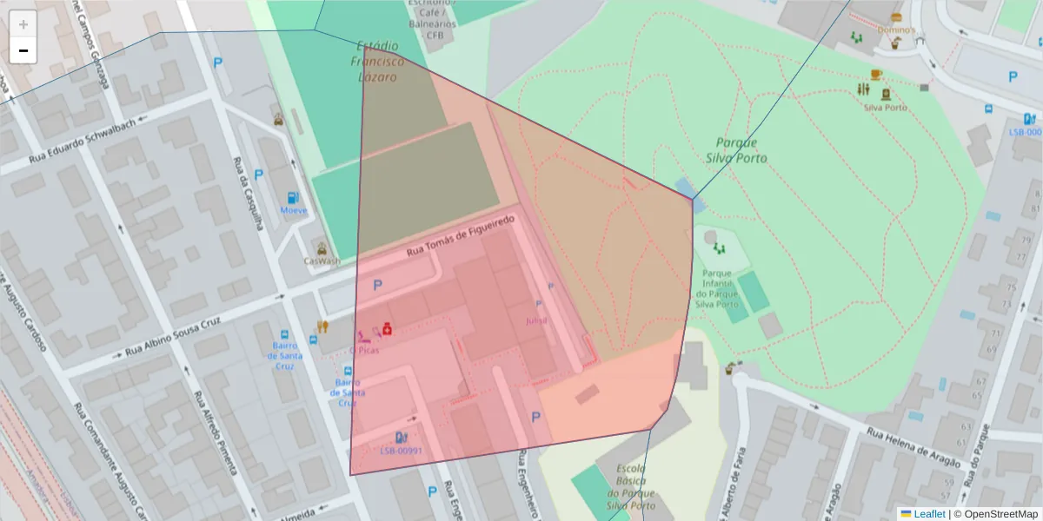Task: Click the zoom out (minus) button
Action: [23, 51]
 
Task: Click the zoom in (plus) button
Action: [23, 24]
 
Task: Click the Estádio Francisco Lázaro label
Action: [378, 62]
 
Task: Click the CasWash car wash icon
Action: [322, 248]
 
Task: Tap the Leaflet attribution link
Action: [922, 514]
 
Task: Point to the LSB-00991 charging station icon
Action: [401, 438]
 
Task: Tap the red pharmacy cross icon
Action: [387, 329]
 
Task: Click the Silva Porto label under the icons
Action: [886, 108]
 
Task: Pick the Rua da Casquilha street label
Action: [248, 192]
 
